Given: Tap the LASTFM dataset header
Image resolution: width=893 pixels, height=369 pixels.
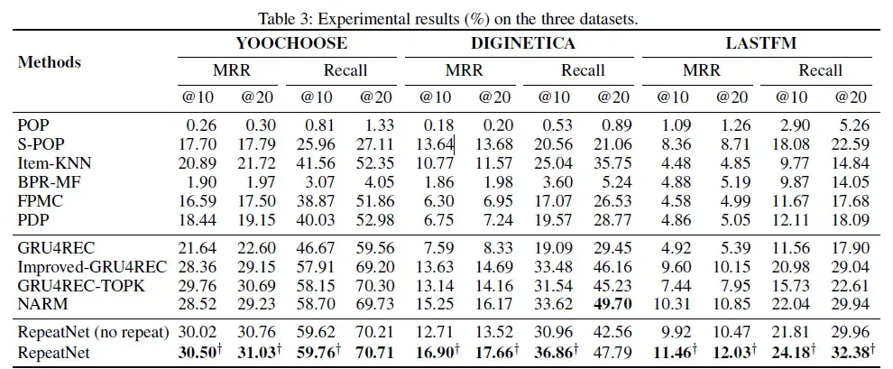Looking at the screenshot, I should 758,42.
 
